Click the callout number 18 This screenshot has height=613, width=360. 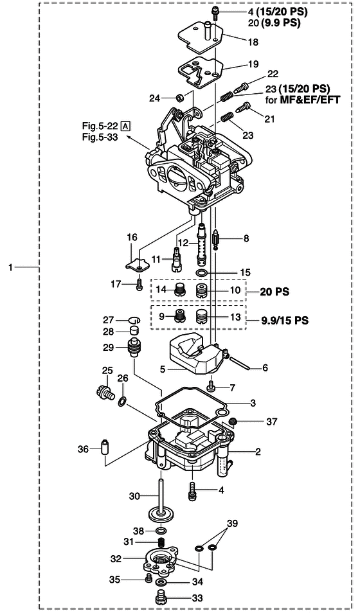point(253,42)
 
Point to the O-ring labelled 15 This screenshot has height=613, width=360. point(201,272)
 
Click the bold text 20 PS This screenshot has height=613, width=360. point(274,292)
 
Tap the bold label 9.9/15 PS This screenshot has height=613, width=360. point(285,321)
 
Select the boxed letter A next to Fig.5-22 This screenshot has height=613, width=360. point(126,126)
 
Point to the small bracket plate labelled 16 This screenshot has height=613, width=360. point(138,265)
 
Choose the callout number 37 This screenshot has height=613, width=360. point(271,422)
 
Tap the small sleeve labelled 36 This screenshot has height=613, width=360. point(105,447)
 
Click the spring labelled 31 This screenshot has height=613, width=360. point(161,542)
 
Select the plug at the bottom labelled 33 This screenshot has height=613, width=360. point(161,598)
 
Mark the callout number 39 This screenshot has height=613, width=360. point(233,524)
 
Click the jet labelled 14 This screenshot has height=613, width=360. point(179,290)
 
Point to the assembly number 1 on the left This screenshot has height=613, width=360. point(10,268)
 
